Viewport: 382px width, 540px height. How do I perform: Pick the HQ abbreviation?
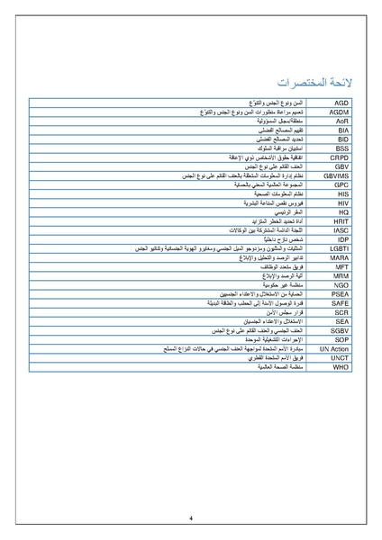(342, 211)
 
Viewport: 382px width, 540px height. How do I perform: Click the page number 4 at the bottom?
(191, 517)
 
